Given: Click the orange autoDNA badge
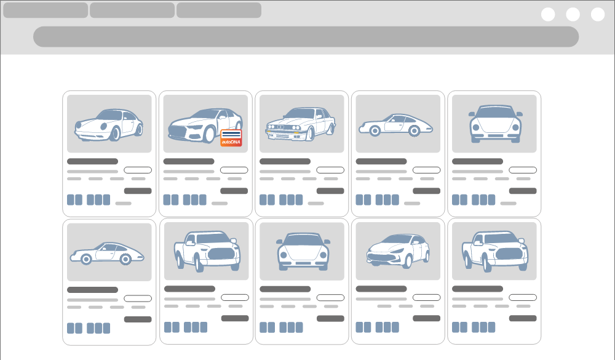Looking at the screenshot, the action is pos(231,138).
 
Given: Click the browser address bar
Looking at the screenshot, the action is pos(306,36).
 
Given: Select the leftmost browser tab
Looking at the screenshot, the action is pos(46,10).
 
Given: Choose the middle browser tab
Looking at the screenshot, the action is pos(132,10).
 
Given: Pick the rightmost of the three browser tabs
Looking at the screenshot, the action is pos(219,10).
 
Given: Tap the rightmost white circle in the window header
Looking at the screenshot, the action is pos(598,15).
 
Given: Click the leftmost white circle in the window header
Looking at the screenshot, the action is pos(548,15).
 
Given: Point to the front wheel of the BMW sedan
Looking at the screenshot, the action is pos(310,134).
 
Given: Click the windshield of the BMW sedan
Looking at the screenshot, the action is pos(300,114).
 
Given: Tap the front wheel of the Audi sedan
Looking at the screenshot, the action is pos(209,135).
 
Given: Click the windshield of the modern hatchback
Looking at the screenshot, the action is pos(397,239).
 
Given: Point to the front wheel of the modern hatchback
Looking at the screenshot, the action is pos(408,260).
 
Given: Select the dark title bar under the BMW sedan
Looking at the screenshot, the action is pos(285,161).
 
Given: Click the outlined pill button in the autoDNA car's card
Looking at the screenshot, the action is pos(234,170).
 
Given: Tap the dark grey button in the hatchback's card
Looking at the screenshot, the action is pos(426,318).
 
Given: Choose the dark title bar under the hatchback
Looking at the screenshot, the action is pos(381,289).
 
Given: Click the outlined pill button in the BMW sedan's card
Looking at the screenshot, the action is pos(330,170).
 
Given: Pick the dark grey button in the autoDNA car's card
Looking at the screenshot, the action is pos(234,191).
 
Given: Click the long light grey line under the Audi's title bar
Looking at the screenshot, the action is pos(189,172).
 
